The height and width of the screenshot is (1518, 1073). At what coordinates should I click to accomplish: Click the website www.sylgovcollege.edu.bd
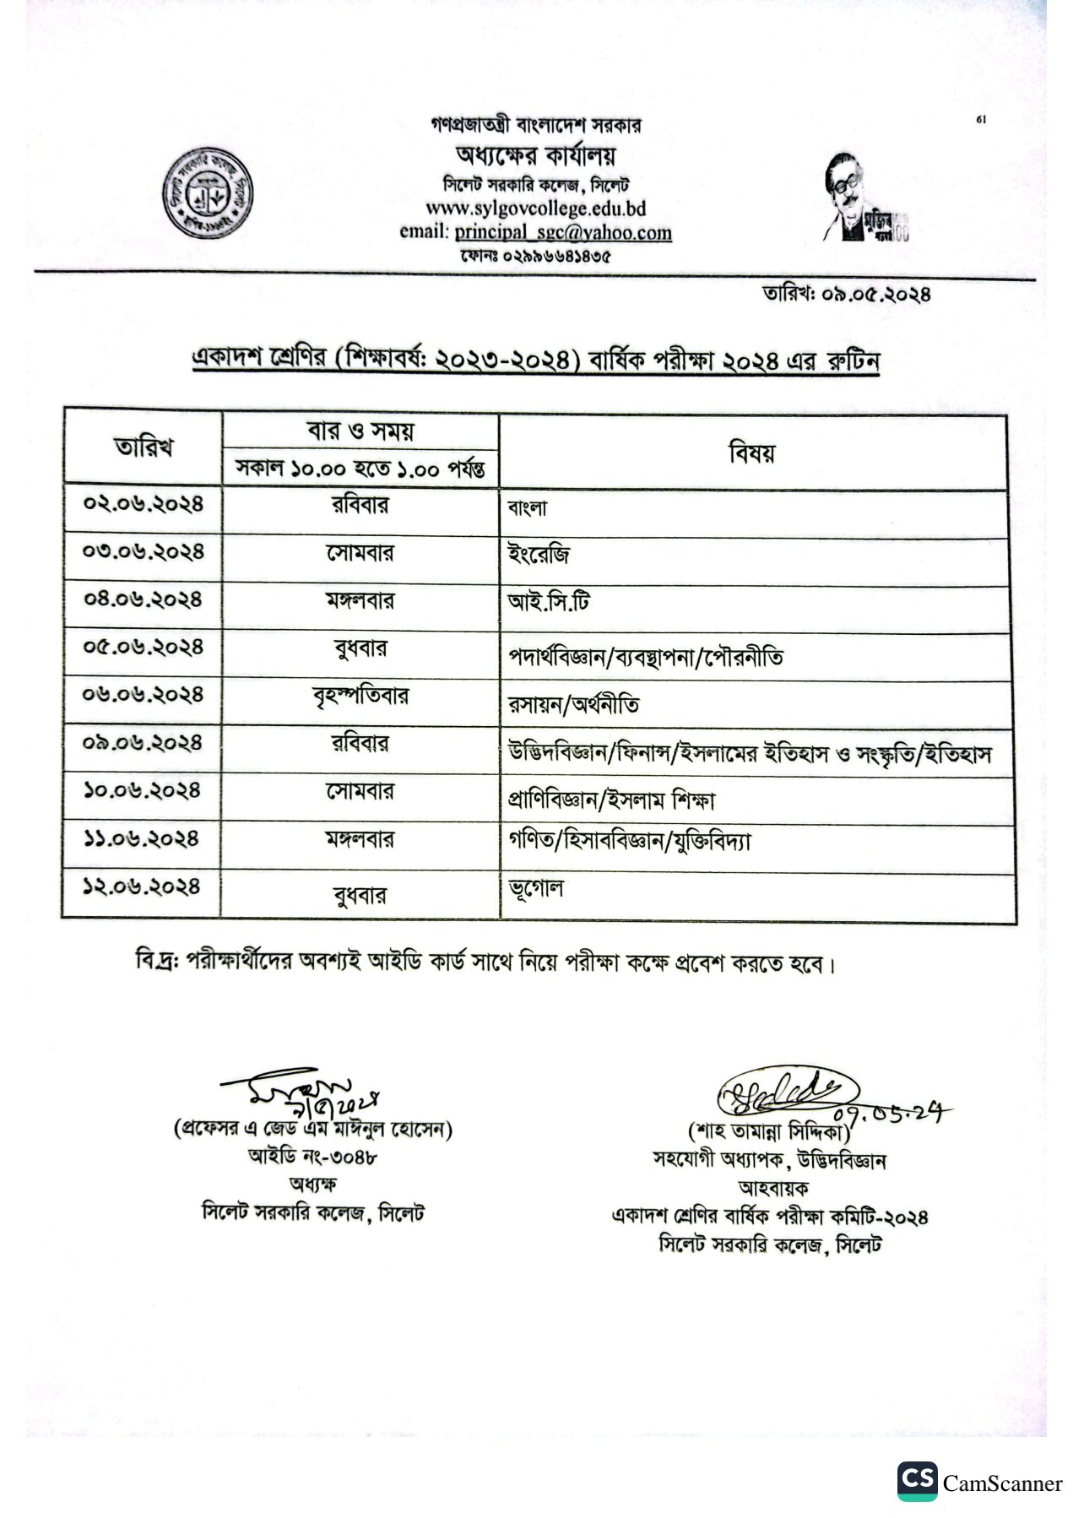pos(535,209)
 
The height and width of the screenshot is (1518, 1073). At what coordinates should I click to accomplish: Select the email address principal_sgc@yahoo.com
pos(562,232)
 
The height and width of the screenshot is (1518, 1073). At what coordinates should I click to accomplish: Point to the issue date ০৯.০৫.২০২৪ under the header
pos(882,295)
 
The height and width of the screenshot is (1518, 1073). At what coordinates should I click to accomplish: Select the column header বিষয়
pos(751,453)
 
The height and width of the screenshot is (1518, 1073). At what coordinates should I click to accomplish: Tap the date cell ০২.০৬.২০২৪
pos(144,504)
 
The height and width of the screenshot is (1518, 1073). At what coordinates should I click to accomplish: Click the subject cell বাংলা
pos(528,508)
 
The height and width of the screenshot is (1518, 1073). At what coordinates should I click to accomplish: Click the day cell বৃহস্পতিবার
pos(360,697)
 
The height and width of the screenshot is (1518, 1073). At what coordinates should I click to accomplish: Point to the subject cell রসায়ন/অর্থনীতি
pos(573,704)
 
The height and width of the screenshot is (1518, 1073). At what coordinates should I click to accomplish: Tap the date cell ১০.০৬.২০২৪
pos(142,791)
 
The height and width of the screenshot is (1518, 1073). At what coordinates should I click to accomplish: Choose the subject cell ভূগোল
pos(535,888)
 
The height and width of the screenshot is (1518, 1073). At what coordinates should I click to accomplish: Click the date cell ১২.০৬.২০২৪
pos(142,887)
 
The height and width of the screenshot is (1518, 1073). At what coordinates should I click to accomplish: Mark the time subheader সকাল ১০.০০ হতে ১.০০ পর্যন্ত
pos(360,469)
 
